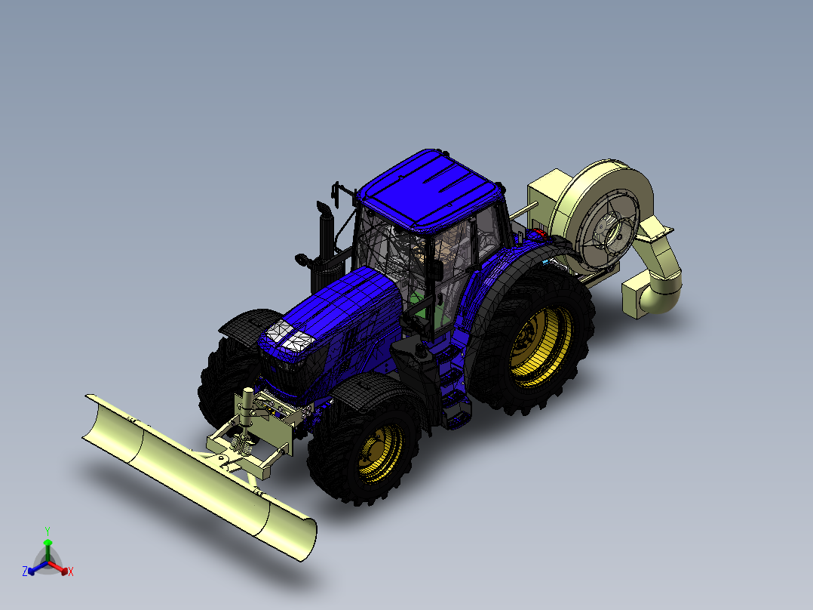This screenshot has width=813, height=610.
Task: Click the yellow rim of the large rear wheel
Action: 541,346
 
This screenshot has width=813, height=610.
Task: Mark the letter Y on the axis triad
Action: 47,531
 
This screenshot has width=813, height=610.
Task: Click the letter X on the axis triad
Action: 70,572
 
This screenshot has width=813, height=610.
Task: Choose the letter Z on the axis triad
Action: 25,571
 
